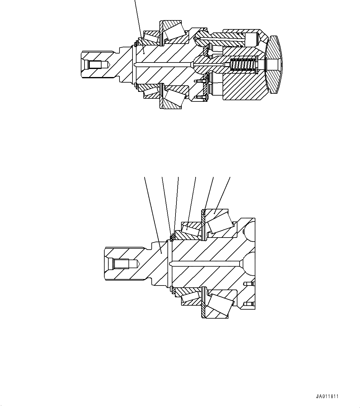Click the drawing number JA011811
pyautogui.click(x=327, y=396)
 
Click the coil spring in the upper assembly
pyautogui.click(x=244, y=65)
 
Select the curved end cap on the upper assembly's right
pyautogui.click(x=274, y=65)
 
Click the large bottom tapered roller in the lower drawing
pyautogui.click(x=220, y=304)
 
